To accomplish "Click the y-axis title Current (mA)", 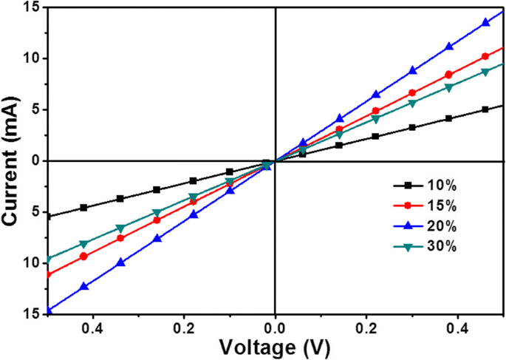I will pos(13,160).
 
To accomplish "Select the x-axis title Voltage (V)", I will pos(275,346).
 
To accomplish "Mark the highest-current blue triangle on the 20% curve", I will pos(485,22).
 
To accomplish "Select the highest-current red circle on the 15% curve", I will pos(485,56).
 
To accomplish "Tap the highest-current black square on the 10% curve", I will pos(485,109).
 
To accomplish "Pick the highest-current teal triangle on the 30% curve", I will pos(485,72).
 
